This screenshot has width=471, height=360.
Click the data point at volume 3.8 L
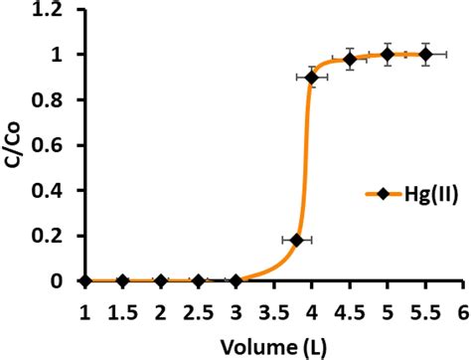(296, 240)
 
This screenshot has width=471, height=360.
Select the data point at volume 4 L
(312, 78)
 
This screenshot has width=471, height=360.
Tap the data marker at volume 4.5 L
(350, 60)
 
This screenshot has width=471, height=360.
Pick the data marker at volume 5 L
(388, 55)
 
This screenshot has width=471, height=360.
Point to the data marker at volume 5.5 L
(425, 55)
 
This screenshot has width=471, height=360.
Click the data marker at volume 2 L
(161, 281)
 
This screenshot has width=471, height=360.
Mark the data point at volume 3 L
(236, 281)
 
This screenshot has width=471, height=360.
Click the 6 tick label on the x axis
(463, 311)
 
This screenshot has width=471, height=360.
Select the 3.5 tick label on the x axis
(274, 311)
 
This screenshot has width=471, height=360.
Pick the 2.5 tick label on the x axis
(199, 311)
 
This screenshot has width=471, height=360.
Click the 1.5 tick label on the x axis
(123, 311)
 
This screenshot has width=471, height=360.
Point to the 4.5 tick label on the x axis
(350, 311)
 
